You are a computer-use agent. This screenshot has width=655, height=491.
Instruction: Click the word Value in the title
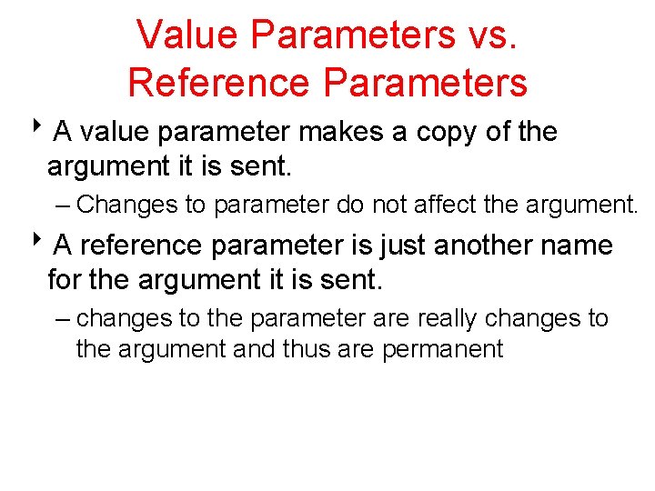[x=186, y=35]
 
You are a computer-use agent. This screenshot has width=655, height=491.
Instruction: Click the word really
[x=449, y=319]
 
